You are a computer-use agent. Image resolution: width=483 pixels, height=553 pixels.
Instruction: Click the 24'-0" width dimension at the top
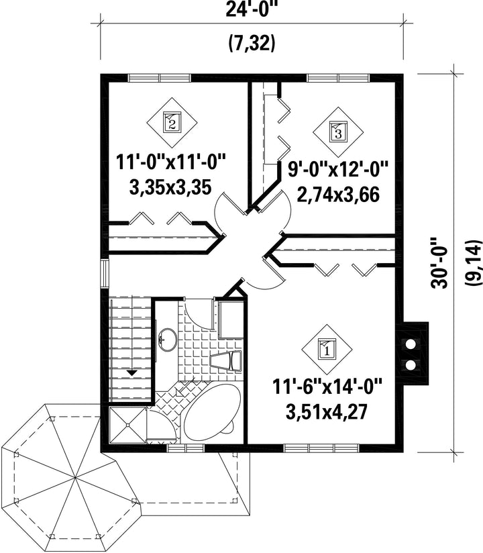click(250, 9)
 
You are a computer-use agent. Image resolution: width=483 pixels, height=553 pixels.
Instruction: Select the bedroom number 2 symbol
click(172, 122)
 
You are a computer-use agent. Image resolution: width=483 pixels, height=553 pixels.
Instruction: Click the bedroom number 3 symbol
click(338, 132)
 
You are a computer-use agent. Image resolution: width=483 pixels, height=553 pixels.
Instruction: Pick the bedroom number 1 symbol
click(327, 350)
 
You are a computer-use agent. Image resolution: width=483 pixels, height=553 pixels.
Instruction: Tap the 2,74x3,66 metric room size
click(338, 195)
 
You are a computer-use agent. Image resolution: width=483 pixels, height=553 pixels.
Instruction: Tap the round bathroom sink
click(167, 340)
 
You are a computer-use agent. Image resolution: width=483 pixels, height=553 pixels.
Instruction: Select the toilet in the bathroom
click(226, 361)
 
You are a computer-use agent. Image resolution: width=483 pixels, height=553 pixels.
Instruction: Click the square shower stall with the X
click(127, 425)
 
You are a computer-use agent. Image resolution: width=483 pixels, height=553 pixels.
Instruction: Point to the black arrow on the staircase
click(133, 372)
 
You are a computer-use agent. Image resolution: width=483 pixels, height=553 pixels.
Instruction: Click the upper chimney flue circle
click(411, 344)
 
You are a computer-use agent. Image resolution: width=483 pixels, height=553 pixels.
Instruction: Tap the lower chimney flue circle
click(411, 364)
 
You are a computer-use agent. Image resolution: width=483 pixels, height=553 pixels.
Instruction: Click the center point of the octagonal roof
click(75, 478)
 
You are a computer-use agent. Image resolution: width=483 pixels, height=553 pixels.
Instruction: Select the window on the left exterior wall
click(105, 274)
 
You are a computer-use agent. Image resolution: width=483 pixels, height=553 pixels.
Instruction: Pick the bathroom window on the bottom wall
click(186, 448)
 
